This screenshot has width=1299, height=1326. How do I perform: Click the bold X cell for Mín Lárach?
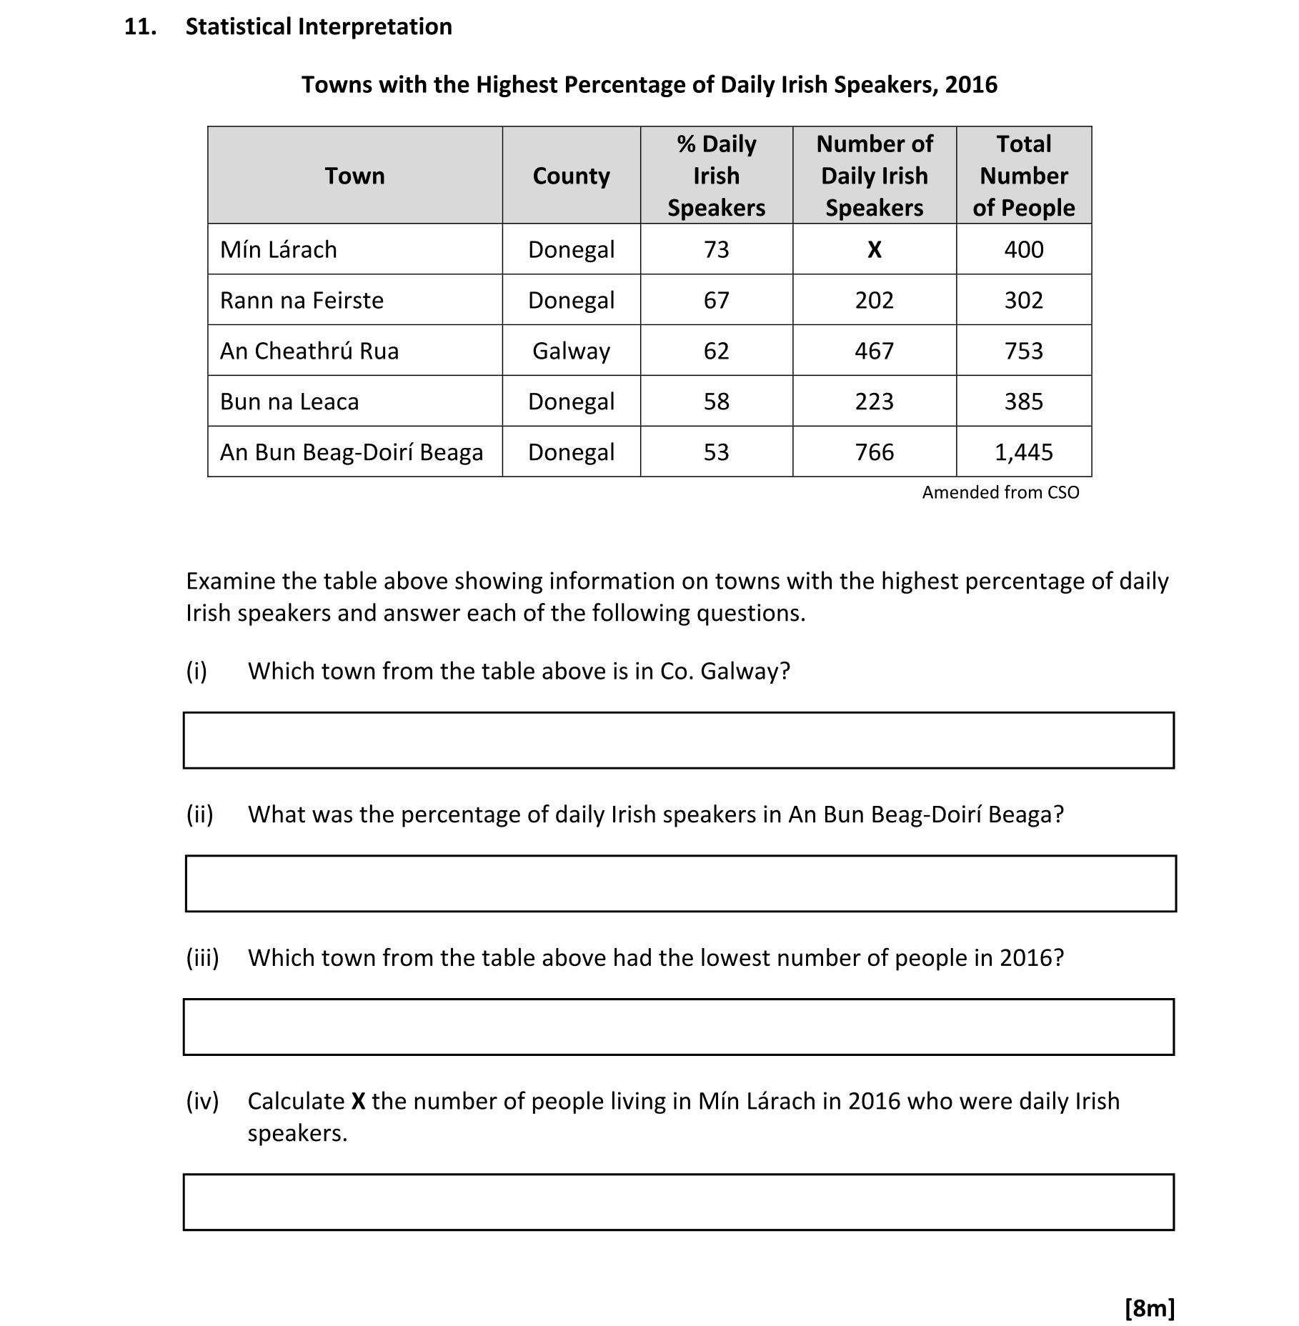coord(874,249)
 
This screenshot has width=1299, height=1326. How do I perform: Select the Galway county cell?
coord(571,351)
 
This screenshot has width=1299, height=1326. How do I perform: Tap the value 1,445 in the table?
coord(1023,452)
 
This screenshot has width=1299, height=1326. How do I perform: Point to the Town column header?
coord(354,176)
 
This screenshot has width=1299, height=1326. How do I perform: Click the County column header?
coord(571,176)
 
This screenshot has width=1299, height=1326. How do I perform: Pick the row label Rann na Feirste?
coord(302,300)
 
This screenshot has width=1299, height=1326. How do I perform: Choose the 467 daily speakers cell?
coord(874,351)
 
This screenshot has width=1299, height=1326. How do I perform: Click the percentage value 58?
coord(716,402)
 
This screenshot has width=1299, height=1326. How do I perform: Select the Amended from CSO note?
coord(1000,492)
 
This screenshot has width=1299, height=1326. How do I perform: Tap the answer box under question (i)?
coord(678,740)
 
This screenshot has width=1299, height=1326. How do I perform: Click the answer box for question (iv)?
coord(678,1202)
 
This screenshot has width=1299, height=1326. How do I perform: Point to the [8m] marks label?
coord(1149,1307)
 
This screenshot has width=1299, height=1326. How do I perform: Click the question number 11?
coord(140,27)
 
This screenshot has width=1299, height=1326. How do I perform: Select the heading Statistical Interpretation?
coord(319,27)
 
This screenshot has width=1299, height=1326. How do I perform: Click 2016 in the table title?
coord(971,85)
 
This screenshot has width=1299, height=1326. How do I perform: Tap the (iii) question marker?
coord(202,957)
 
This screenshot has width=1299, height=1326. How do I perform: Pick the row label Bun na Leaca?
coord(289,402)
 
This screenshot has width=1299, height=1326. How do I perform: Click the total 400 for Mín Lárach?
coord(1023,249)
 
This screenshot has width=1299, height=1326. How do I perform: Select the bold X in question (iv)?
coord(358,1101)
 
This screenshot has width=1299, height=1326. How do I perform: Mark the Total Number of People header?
coord(1023,176)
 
